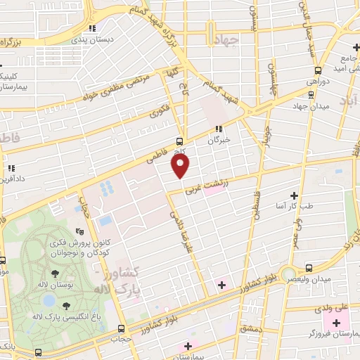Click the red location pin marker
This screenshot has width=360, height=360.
tap(181, 165)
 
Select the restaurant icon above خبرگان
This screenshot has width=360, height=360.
tap(218, 129)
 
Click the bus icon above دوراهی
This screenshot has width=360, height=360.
tap(319, 70)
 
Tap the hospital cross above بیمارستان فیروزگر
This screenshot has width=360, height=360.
tap(336, 323)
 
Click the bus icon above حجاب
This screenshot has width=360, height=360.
tap(122, 328)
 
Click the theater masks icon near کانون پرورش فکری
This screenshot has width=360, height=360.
tap(80, 229)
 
